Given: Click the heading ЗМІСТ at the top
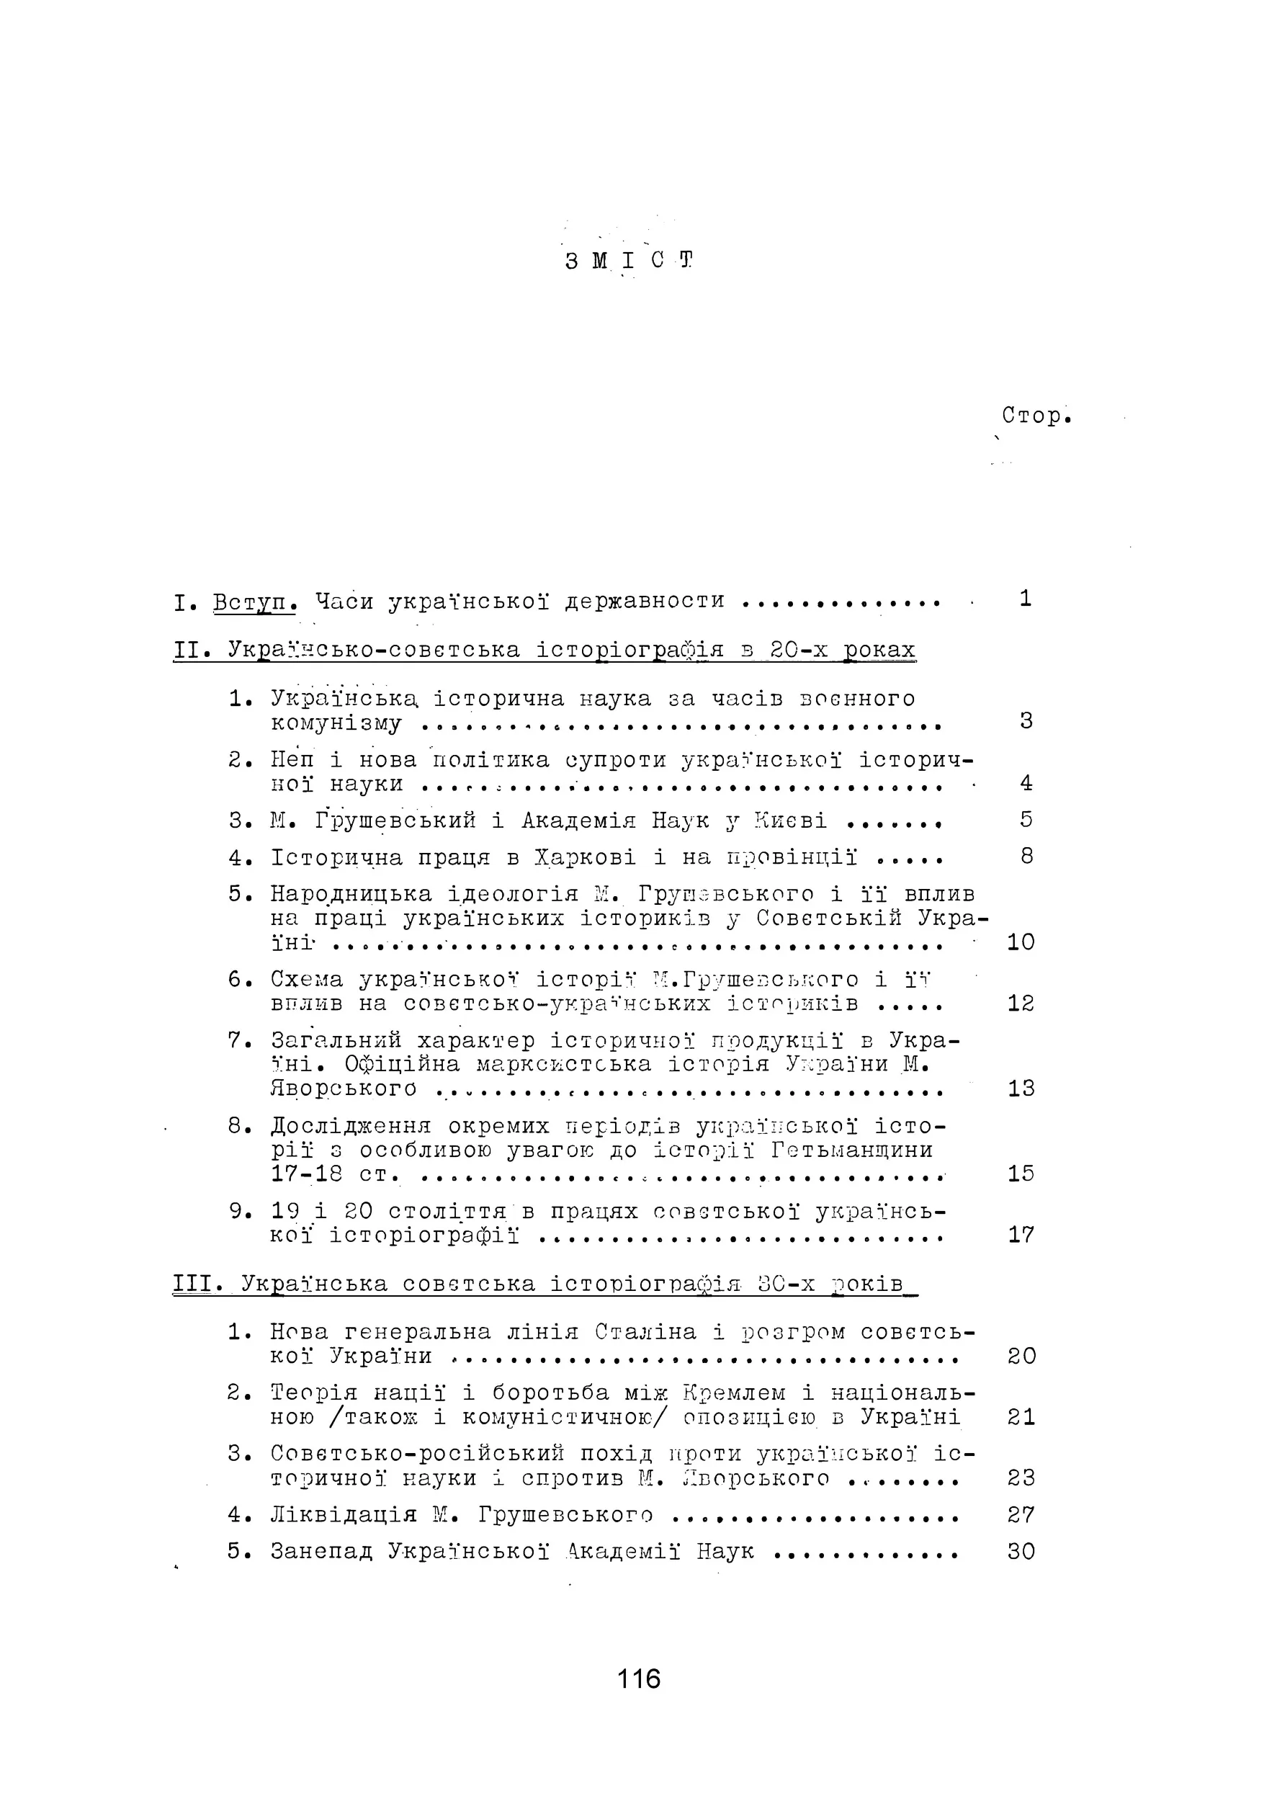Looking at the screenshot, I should click(x=629, y=260).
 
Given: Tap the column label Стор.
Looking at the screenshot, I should click(x=1036, y=415).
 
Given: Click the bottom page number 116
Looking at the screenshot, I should click(x=638, y=1679).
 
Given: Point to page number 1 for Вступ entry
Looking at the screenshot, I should click(x=1026, y=599).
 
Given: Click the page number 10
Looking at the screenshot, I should click(x=1021, y=942).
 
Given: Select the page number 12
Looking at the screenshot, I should click(x=1021, y=1003).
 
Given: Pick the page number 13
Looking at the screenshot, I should click(x=1021, y=1089).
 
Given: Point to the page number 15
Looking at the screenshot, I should click(x=1021, y=1174).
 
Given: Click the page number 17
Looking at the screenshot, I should click(x=1021, y=1235).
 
